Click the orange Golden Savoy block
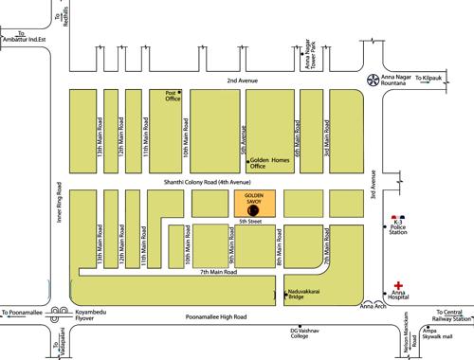252,204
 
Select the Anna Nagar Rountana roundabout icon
373,82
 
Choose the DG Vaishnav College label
302,333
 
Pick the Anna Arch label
373,305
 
